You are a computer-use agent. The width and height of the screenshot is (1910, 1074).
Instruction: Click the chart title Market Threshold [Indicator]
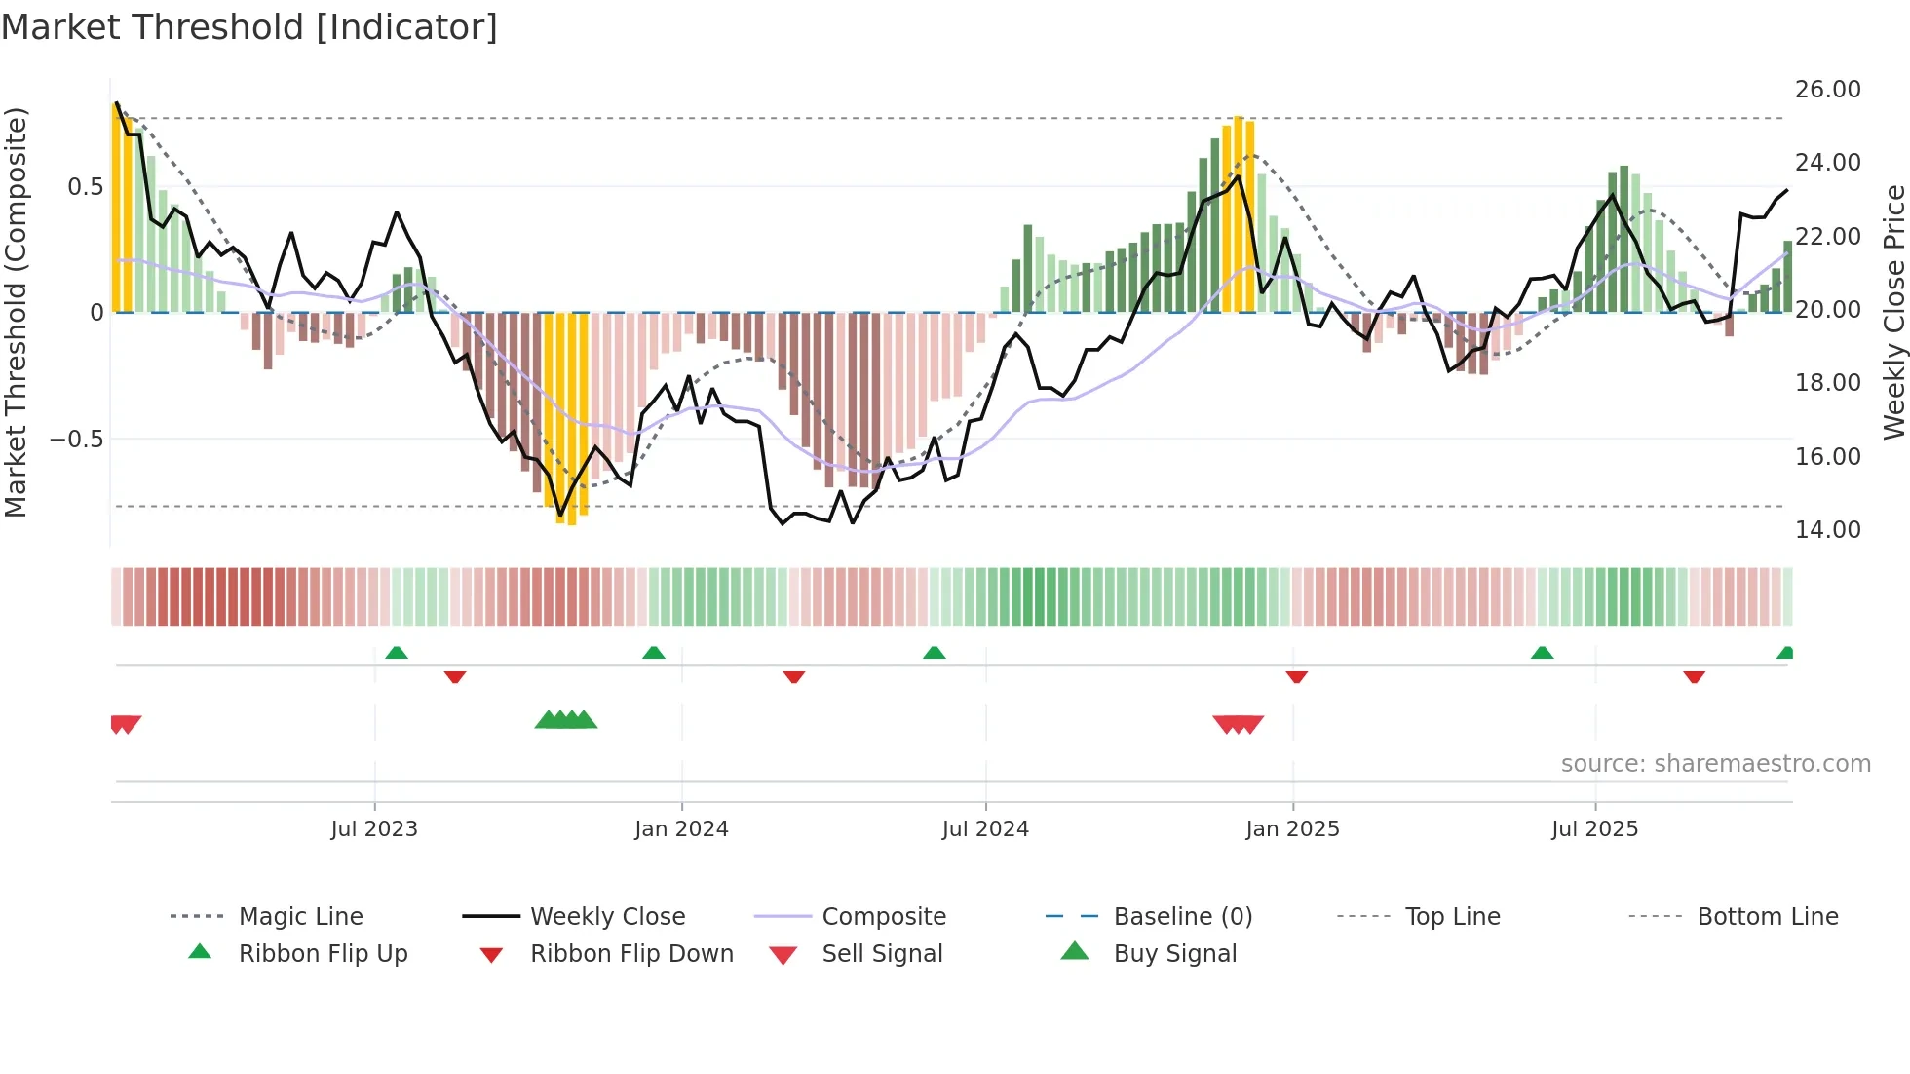click(249, 27)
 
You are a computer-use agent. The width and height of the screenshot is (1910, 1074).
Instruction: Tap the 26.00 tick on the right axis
click(1827, 90)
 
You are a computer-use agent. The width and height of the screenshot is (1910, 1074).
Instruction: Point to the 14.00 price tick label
click(1827, 530)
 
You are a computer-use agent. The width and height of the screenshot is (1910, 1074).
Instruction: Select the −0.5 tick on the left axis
click(77, 440)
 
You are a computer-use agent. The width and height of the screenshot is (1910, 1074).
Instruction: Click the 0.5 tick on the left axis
click(85, 187)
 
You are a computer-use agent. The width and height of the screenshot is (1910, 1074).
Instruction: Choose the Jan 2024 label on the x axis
click(681, 829)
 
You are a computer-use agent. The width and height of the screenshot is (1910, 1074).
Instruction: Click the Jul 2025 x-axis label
click(1594, 829)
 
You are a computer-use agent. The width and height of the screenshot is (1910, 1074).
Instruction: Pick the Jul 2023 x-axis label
click(374, 829)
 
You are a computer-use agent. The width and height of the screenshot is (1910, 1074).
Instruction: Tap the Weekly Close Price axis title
click(1892, 312)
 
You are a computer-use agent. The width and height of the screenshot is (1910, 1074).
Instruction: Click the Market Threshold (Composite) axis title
click(16, 312)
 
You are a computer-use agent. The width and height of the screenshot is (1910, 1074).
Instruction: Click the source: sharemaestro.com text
click(1715, 764)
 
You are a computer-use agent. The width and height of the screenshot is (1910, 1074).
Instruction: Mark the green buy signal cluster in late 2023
click(566, 721)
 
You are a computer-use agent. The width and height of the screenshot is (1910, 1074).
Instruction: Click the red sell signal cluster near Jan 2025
click(1239, 724)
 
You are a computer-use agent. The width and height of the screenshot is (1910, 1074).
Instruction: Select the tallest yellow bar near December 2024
click(1239, 214)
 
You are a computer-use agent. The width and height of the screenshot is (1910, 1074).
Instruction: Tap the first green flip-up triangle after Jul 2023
click(397, 653)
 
